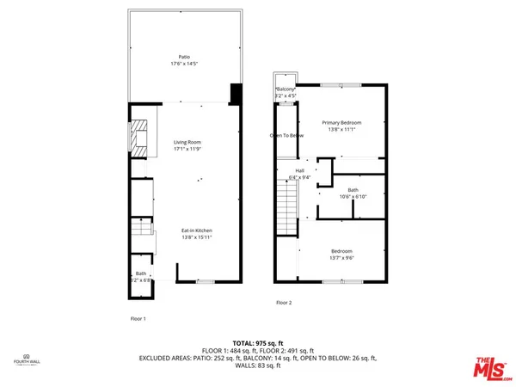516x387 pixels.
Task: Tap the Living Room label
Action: coord(187,143)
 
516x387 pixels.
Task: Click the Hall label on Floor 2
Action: coord(300,171)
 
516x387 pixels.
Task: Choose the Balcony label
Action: coord(286,89)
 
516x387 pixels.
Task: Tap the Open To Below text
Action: coord(286,136)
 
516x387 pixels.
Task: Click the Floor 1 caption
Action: coord(138,319)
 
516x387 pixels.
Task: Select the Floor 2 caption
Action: coord(284,303)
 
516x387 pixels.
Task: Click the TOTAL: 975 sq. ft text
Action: coord(257,342)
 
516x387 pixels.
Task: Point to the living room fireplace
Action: coord(138,138)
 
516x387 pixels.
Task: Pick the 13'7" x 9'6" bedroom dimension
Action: coord(341,257)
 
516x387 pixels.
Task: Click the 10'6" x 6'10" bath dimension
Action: coord(353,196)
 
